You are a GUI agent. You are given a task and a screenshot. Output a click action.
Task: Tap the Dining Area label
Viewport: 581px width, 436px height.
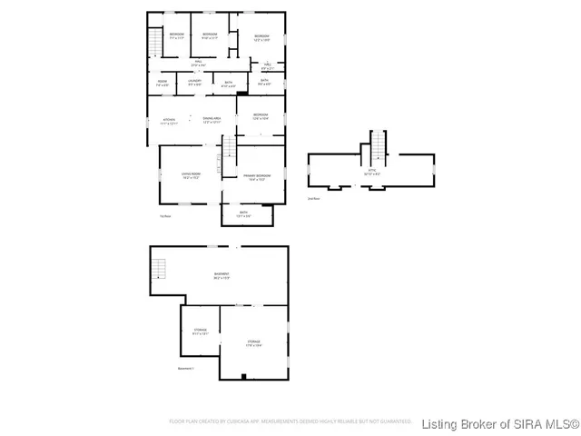[212, 121]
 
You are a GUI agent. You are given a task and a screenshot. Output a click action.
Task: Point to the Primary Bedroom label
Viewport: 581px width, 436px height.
[257, 177]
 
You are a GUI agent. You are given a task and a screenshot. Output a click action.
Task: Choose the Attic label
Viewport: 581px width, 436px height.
[372, 172]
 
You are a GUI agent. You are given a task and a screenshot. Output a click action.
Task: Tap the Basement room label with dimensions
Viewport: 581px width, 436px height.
[222, 275]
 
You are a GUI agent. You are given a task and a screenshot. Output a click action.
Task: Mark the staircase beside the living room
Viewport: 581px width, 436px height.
[229, 154]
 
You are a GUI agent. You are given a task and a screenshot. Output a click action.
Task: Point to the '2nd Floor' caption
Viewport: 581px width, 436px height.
[314, 197]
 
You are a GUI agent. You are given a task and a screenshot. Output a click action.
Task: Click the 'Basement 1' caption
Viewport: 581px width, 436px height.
[185, 368]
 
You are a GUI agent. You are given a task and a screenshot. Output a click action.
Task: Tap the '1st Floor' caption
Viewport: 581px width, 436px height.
[165, 215]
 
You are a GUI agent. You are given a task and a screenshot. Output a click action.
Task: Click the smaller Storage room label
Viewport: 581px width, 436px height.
[200, 332]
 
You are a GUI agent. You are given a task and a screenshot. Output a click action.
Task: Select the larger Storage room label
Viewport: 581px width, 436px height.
[254, 343]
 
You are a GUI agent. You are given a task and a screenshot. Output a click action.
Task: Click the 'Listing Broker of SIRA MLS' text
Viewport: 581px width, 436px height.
[500, 422]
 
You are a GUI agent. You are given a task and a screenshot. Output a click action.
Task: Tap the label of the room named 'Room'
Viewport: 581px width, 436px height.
[162, 84]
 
